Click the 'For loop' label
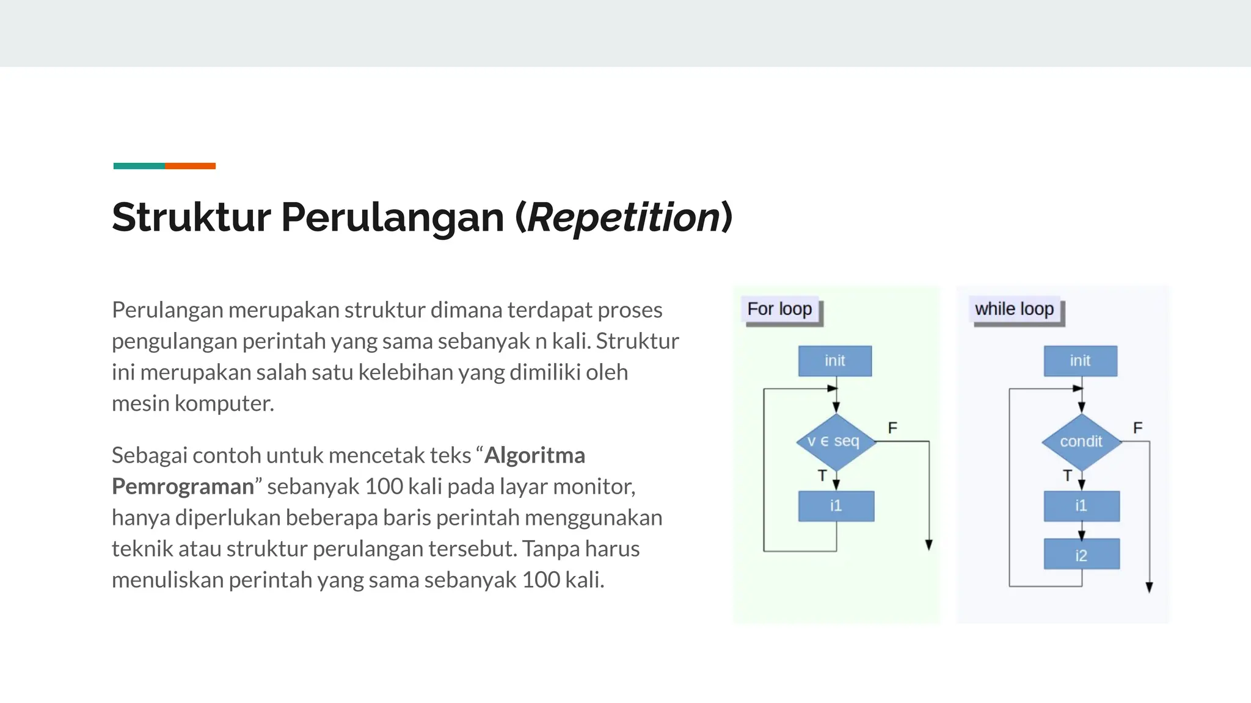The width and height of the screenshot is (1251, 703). [779, 309]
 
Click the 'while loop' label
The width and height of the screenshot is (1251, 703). [1014, 309]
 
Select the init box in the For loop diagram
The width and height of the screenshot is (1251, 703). [834, 361]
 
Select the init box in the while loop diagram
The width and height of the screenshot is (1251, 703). [1080, 361]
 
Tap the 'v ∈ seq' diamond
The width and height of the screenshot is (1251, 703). [834, 441]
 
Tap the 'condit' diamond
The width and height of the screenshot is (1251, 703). [1081, 441]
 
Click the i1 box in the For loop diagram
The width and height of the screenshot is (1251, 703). [836, 506]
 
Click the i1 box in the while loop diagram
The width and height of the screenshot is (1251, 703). [1081, 506]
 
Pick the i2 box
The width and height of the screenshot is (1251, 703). [1081, 555]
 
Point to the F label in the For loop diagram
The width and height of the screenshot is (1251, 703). [892, 428]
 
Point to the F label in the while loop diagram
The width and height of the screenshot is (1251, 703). [1137, 428]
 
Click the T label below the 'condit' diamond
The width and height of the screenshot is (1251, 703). [1067, 475]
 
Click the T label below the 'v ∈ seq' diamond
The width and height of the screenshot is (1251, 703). [822, 475]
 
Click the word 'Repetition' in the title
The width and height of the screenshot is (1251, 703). [623, 218]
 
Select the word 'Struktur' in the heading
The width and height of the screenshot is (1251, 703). [191, 218]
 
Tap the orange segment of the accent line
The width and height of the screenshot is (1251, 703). [190, 166]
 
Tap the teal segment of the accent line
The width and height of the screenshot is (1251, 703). [139, 166]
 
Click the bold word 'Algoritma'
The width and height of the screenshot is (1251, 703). [534, 455]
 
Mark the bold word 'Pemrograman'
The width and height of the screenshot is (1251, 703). [183, 486]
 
